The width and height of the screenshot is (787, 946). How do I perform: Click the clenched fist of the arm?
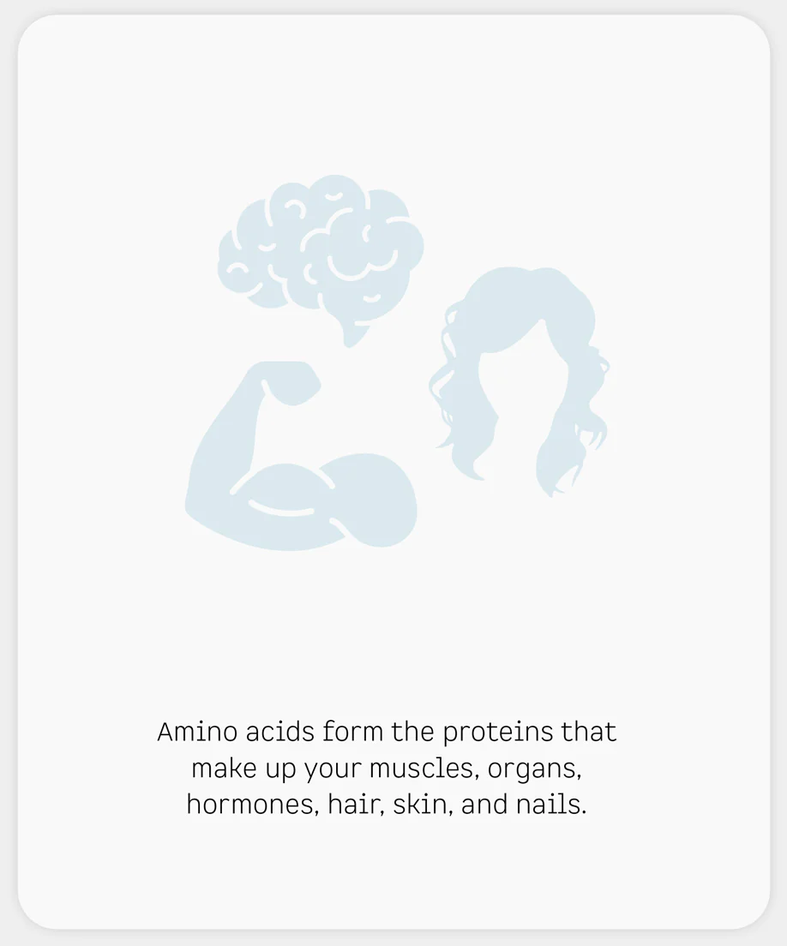(290, 382)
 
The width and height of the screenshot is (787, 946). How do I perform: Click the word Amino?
(197, 732)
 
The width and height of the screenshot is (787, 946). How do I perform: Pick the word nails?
(551, 805)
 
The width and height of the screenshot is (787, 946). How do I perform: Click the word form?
(353, 732)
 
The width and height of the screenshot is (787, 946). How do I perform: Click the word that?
(589, 732)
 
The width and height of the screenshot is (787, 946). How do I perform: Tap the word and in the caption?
(484, 805)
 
